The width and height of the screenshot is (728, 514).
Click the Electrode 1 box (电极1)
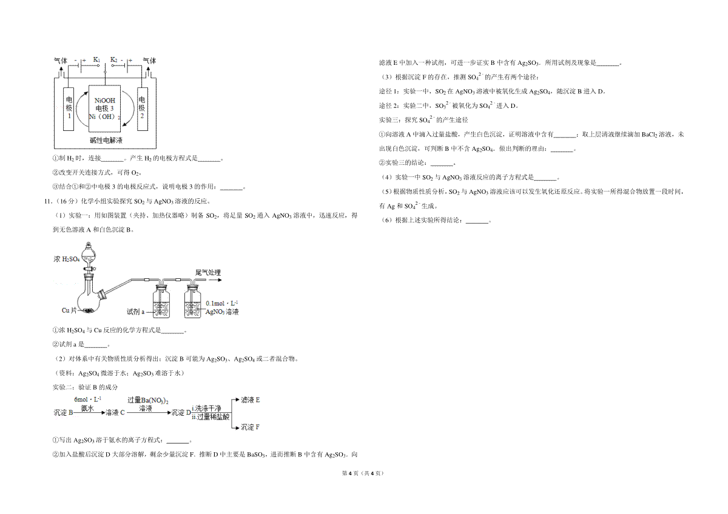[69, 109]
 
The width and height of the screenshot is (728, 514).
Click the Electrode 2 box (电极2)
[143, 109]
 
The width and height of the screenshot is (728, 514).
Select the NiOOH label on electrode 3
[104, 101]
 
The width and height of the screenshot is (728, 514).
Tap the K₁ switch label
[96, 59]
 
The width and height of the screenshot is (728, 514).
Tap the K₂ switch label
[114, 59]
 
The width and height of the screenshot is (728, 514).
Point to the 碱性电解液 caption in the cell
[106, 141]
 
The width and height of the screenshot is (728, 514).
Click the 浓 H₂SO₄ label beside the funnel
[67, 259]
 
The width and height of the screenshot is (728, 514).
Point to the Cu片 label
[69, 310]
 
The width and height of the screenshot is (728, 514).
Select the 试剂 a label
[135, 312]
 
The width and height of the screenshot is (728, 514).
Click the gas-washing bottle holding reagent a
[161, 301]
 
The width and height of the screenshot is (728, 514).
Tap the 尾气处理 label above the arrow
[208, 273]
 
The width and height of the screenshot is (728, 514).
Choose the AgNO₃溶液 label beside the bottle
[222, 312]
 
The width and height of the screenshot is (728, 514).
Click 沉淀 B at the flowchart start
[63, 413]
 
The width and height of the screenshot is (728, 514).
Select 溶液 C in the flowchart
[115, 413]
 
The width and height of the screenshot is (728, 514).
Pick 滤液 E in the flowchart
[250, 400]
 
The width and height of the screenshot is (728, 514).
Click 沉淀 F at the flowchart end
[250, 427]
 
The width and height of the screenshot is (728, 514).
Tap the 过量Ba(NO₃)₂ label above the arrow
[148, 401]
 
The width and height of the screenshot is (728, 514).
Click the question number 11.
[48, 201]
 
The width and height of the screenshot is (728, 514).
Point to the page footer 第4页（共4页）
[363, 473]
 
